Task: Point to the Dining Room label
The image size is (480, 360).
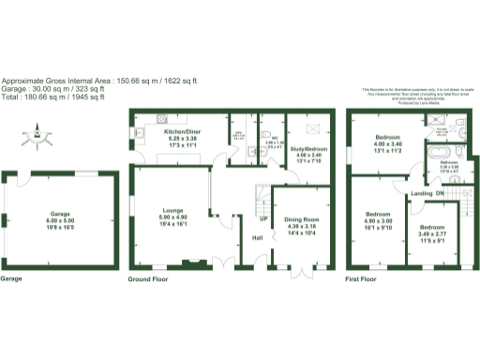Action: click(301, 219)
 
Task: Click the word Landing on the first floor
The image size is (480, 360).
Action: click(421, 194)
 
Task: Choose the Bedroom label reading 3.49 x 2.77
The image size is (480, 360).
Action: click(432, 227)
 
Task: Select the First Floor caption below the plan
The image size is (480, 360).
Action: click(361, 278)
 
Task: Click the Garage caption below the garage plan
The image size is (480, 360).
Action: click(11, 278)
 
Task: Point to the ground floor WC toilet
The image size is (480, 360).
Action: click(264, 130)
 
